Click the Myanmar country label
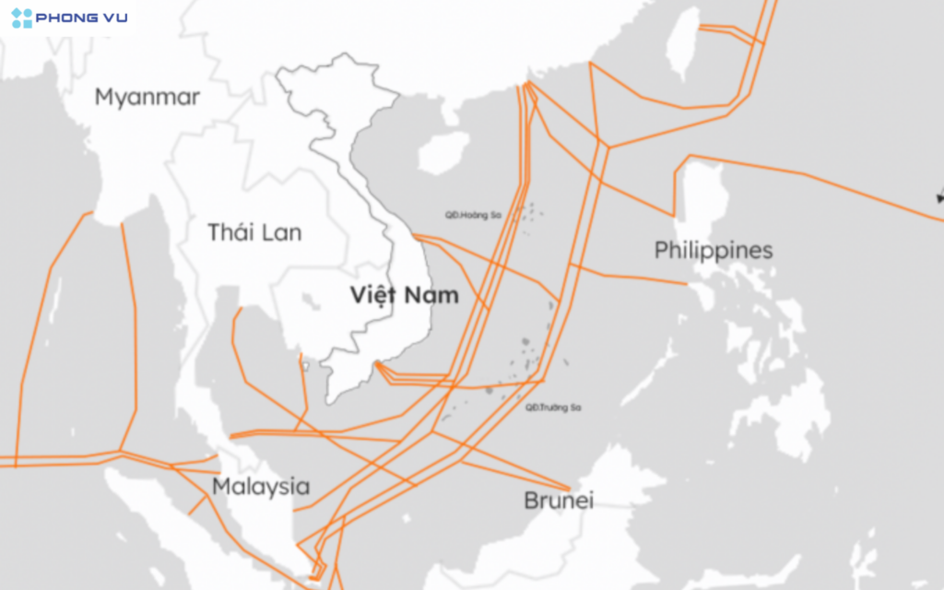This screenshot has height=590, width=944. (x=147, y=97)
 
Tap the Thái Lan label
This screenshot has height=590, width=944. (x=254, y=232)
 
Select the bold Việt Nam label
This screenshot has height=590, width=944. (x=404, y=296)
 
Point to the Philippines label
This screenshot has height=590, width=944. (x=713, y=250)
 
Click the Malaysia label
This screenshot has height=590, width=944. (x=261, y=487)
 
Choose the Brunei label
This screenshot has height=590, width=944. (x=558, y=501)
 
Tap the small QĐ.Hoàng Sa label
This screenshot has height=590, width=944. (x=472, y=215)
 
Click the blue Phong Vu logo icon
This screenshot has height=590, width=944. (x=21, y=18)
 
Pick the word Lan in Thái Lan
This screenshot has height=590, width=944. (x=280, y=232)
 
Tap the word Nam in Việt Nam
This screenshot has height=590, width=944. (x=434, y=296)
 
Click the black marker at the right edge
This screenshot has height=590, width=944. (x=939, y=195)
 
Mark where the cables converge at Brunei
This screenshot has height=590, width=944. (x=570, y=489)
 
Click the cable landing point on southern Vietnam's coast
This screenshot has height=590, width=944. (x=377, y=366)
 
